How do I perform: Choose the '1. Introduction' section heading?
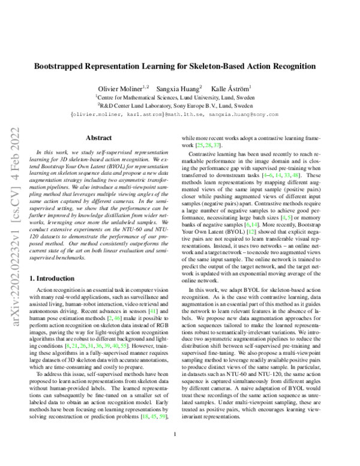pos(57,279)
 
